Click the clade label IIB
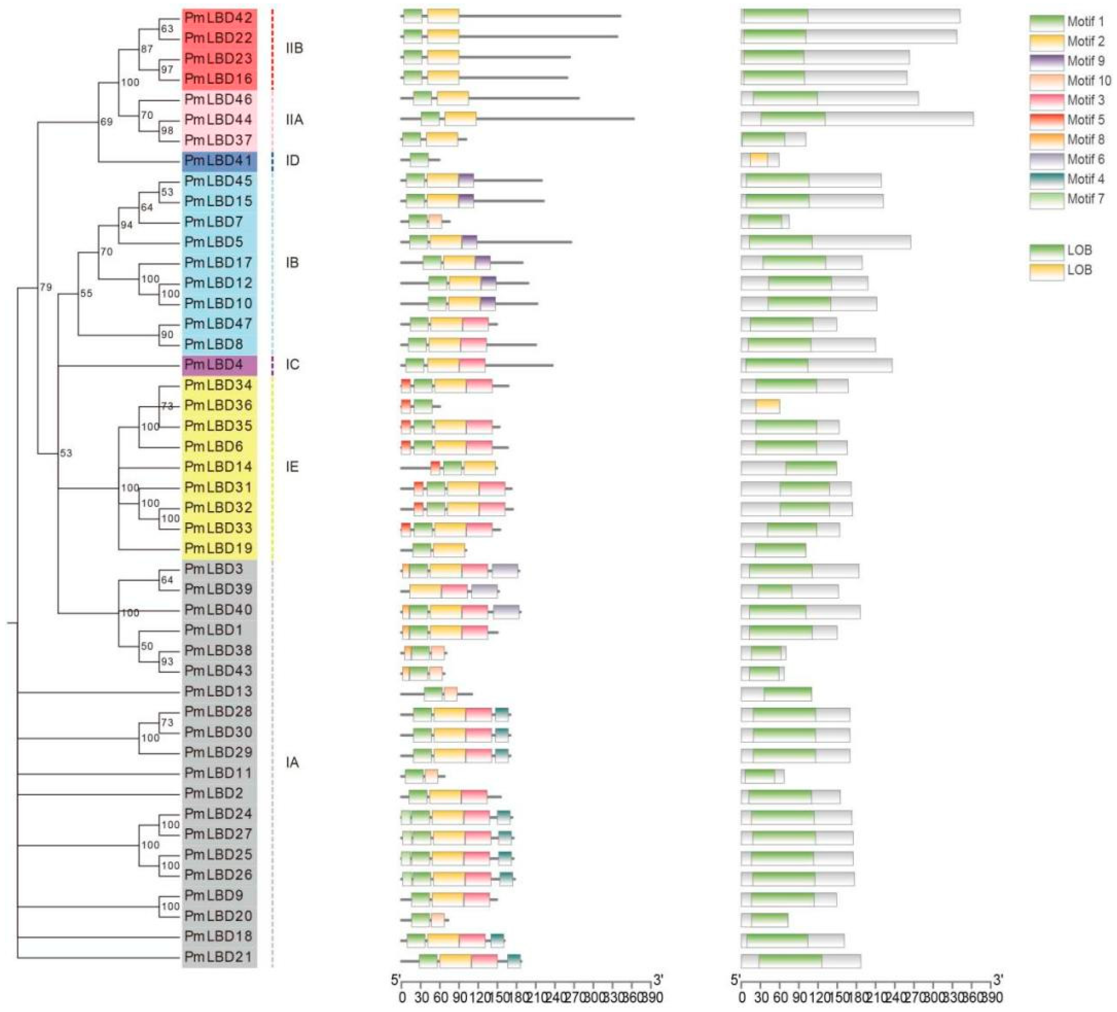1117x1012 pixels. pos(294,49)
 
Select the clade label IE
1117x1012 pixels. pos(292,467)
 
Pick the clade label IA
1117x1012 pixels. pos(292,763)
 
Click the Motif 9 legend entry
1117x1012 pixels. pos(1085,61)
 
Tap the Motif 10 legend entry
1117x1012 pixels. pos(1089,81)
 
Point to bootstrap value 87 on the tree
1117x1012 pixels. pos(146,49)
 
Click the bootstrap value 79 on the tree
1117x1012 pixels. pos(45,287)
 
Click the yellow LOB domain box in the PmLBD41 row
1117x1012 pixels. pos(759,160)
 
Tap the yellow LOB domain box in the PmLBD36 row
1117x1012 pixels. pos(768,406)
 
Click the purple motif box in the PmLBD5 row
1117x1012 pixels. pos(469,242)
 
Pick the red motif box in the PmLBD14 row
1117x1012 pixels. pos(435,467)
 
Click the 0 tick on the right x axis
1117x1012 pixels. pos(742,998)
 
